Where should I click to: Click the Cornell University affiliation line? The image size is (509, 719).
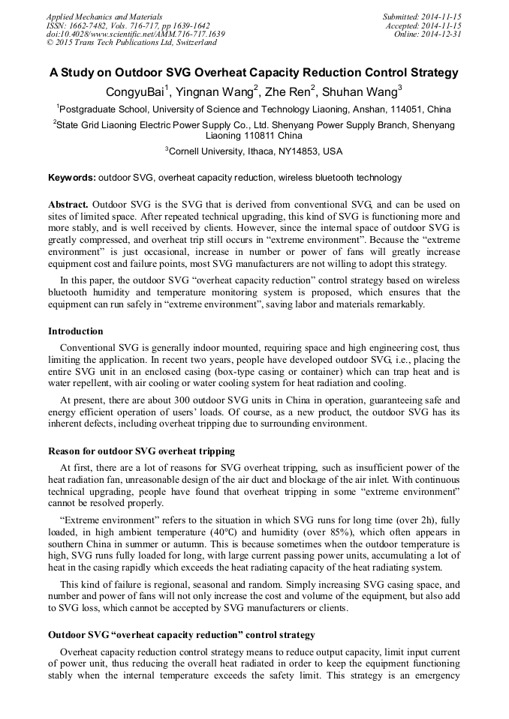point(255,151)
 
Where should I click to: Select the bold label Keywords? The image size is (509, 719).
point(71,178)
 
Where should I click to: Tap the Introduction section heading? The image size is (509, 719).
point(76,331)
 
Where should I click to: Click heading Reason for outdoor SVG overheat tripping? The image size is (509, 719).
point(142,451)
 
